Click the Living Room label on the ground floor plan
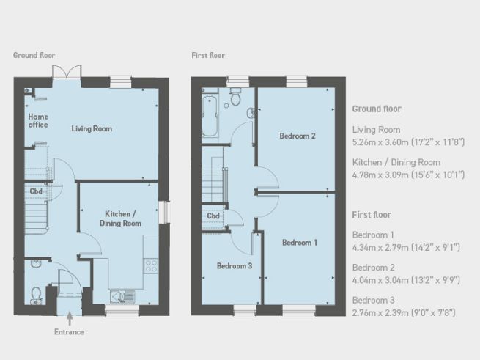click(92, 129)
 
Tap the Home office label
click(38, 121)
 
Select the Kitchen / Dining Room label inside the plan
click(120, 218)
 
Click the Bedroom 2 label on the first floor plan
click(298, 136)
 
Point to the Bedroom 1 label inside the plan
click(300, 243)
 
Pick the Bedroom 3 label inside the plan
click(235, 266)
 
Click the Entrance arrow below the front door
click(70, 318)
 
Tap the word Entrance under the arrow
click(69, 332)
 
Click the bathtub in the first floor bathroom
click(210, 115)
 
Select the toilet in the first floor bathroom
click(235, 97)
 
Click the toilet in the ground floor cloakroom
click(36, 295)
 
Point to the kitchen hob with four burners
click(151, 265)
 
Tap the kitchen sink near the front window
click(122, 297)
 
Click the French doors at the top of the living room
click(67, 73)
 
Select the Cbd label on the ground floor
click(36, 191)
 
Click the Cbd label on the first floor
click(213, 216)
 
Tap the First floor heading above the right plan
click(208, 56)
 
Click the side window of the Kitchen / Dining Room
click(165, 212)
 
